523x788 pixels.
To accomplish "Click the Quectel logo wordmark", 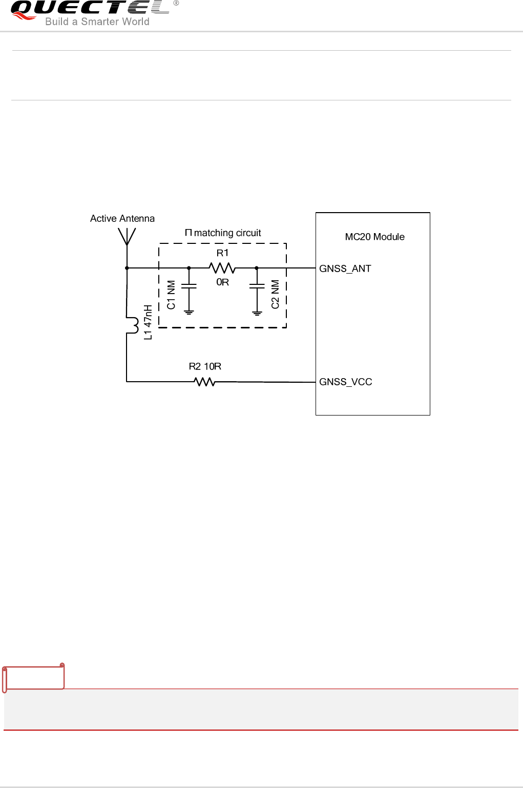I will point(90,8).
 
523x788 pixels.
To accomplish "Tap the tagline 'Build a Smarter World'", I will point(97,22).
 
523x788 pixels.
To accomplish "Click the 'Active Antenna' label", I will point(122,218).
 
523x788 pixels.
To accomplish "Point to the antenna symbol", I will point(127,237).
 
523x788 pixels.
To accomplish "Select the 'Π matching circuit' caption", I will point(223,233).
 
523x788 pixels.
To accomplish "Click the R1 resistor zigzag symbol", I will point(222,268).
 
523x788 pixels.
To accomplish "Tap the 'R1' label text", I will point(222,253).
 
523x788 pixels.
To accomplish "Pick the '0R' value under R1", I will point(222,282).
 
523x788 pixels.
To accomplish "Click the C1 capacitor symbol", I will point(189,286).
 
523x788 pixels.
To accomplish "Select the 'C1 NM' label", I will point(171,295).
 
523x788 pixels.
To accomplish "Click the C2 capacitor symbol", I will point(257,286).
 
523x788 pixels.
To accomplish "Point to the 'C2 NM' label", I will point(275,295).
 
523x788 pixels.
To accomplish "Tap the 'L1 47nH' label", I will point(148,322).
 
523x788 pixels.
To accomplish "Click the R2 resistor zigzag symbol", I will point(204,382).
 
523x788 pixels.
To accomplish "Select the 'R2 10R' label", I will point(205,366).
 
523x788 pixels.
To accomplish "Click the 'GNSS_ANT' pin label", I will point(345,268).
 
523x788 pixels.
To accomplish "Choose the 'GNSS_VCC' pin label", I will point(346,382).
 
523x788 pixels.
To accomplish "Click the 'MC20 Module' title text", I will point(374,237).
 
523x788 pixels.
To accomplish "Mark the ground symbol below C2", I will point(257,312).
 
